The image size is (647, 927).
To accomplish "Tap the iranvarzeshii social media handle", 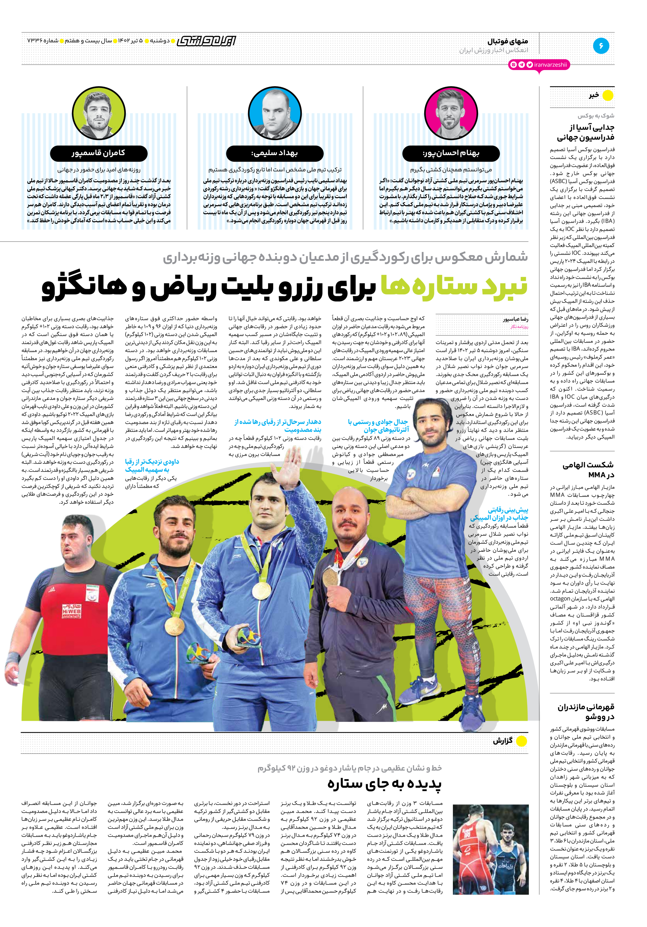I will pos(550,65).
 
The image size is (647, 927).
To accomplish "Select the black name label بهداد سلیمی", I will pos(274,153).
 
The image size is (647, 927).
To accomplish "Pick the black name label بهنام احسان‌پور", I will pos(451,153).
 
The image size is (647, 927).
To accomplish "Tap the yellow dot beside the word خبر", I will pos(607,96).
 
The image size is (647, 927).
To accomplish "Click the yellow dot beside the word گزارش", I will pos(521,741).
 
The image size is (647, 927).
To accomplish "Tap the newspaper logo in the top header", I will pos(206,41).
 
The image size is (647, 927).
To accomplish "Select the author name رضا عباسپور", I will pos(515,319).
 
